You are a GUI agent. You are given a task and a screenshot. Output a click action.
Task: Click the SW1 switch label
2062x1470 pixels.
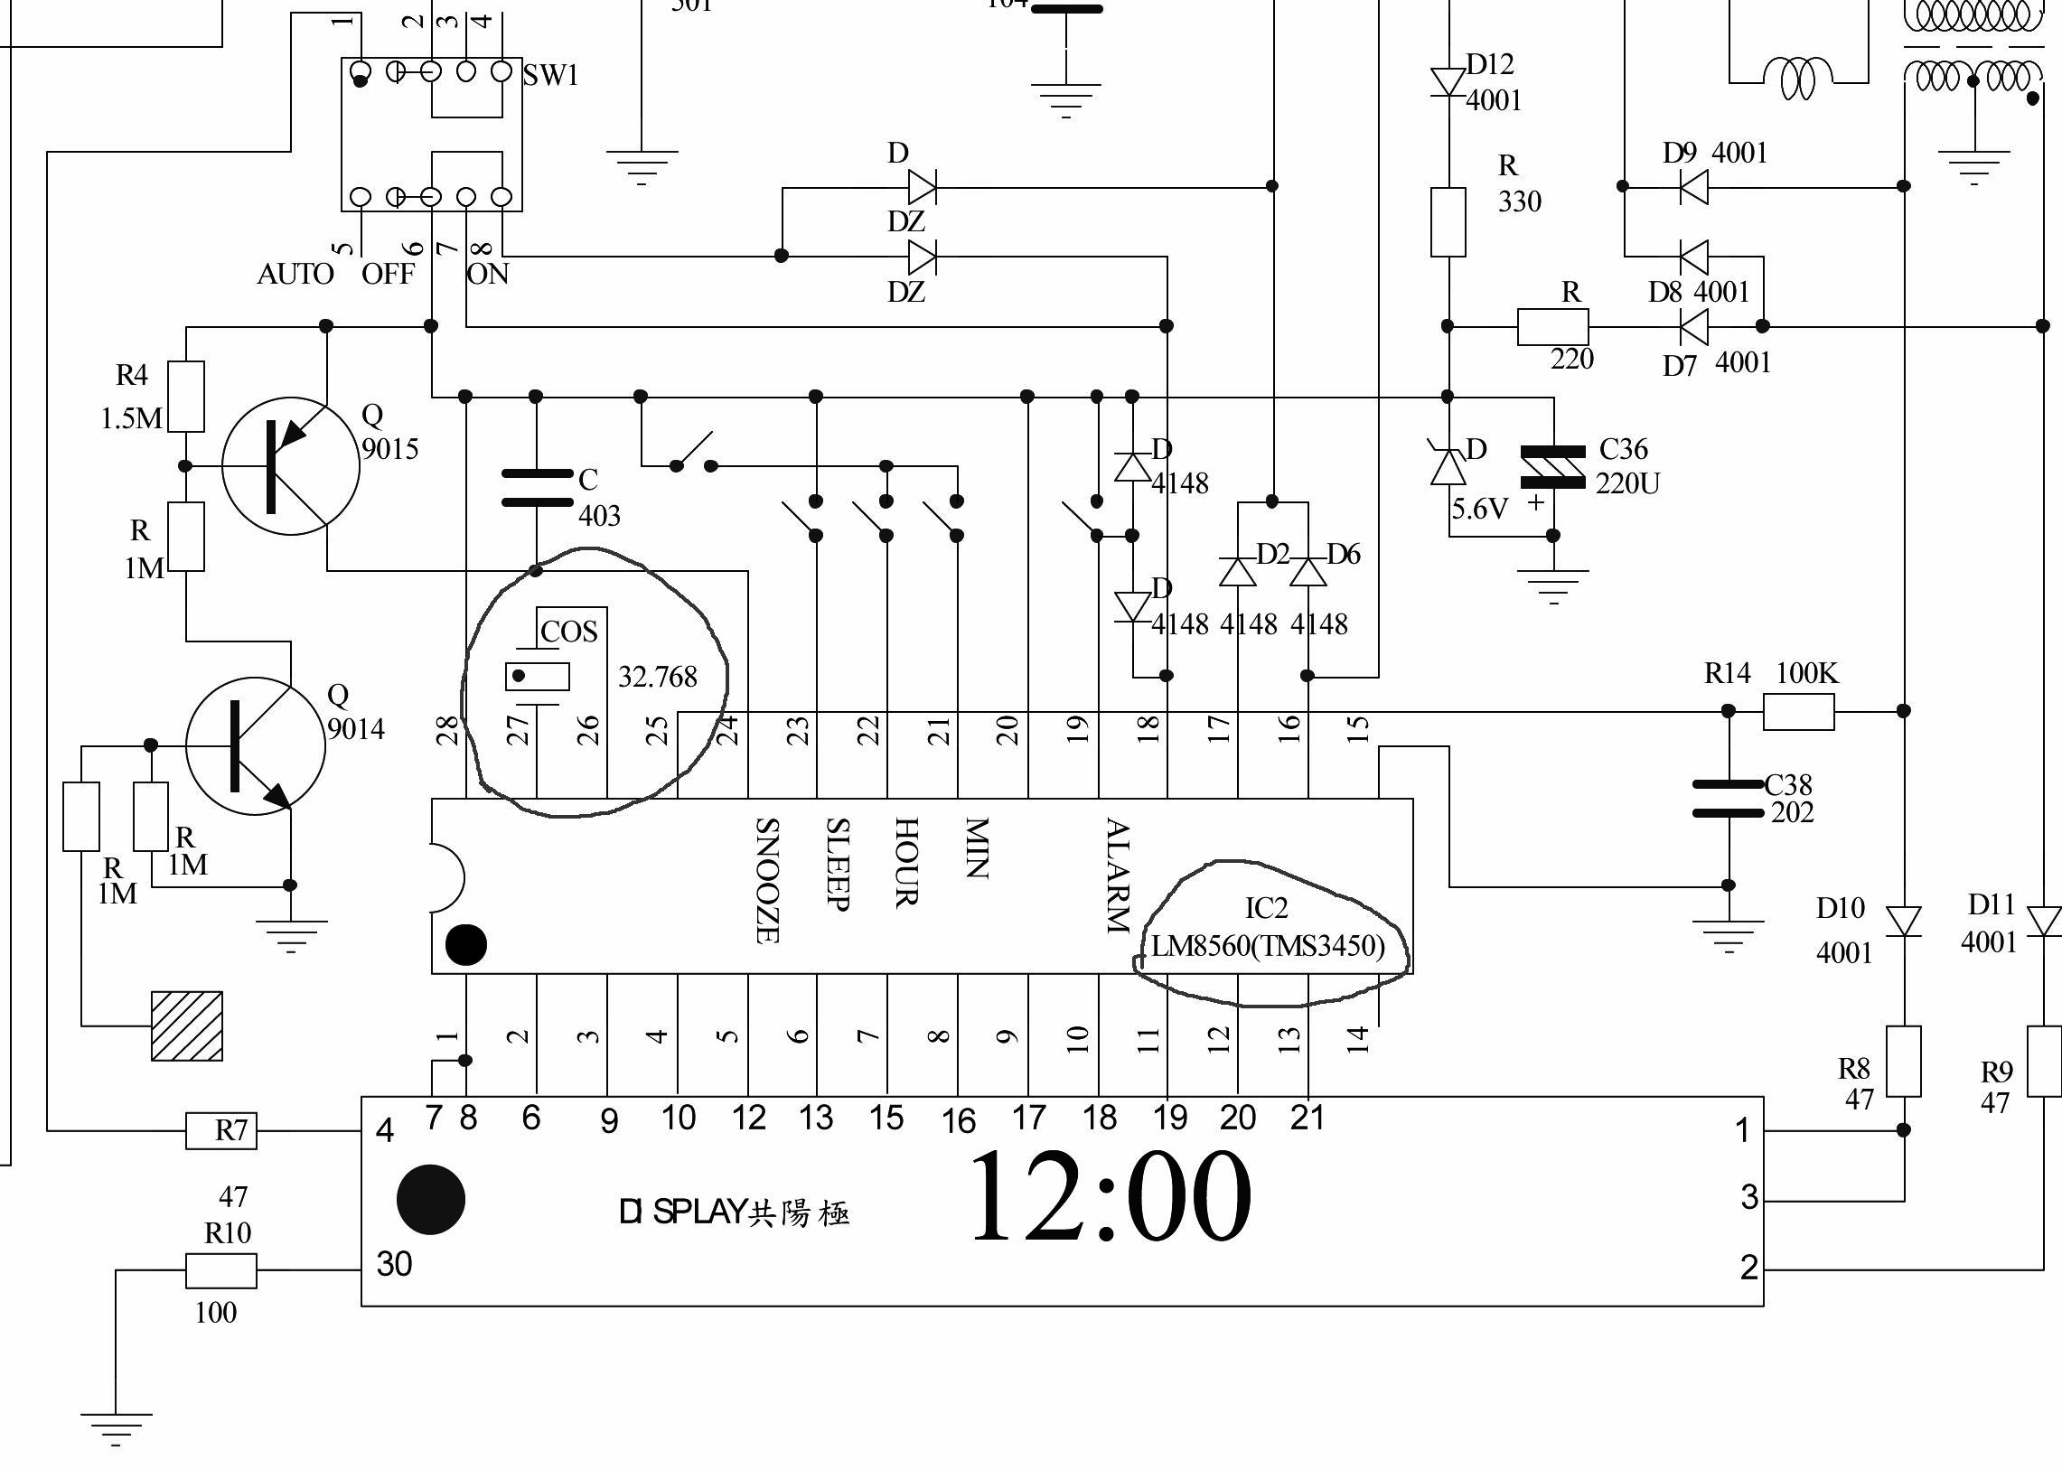pos(550,75)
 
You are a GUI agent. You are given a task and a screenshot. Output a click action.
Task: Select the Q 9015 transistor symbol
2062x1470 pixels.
pos(290,465)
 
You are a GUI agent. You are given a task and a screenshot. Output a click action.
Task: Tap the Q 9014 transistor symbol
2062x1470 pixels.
pos(254,745)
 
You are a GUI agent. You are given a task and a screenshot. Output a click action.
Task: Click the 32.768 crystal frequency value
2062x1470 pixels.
pos(657,676)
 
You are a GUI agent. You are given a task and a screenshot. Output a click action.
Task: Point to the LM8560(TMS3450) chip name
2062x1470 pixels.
pos(1267,946)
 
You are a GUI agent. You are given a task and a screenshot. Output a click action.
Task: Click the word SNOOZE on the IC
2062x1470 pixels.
pos(766,880)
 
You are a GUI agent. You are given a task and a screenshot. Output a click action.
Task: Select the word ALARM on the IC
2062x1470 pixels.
pos(1118,875)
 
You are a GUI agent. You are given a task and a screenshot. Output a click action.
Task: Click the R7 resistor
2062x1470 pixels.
pos(220,1130)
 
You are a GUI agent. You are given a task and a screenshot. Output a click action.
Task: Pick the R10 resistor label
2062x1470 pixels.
pos(227,1233)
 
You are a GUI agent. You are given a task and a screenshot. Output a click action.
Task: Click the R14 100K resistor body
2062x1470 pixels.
pos(1798,711)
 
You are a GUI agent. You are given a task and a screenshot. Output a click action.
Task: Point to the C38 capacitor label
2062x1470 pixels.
pos(1787,784)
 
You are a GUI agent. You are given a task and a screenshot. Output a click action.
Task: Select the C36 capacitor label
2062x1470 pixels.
pos(1623,449)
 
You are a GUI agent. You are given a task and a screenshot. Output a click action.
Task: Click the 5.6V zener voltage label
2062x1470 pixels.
pos(1479,509)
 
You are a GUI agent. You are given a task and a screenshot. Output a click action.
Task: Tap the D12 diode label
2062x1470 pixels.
pos(1490,64)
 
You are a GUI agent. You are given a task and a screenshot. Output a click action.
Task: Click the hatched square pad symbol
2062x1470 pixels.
pos(186,1026)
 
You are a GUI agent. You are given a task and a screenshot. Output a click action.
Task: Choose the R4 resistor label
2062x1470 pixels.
pos(131,375)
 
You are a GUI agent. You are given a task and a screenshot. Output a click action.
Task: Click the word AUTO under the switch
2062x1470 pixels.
pos(295,274)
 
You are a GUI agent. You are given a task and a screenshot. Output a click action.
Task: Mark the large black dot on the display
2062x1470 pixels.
pos(431,1199)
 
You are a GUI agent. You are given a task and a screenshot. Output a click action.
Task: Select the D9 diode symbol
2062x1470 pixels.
pos(1692,186)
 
